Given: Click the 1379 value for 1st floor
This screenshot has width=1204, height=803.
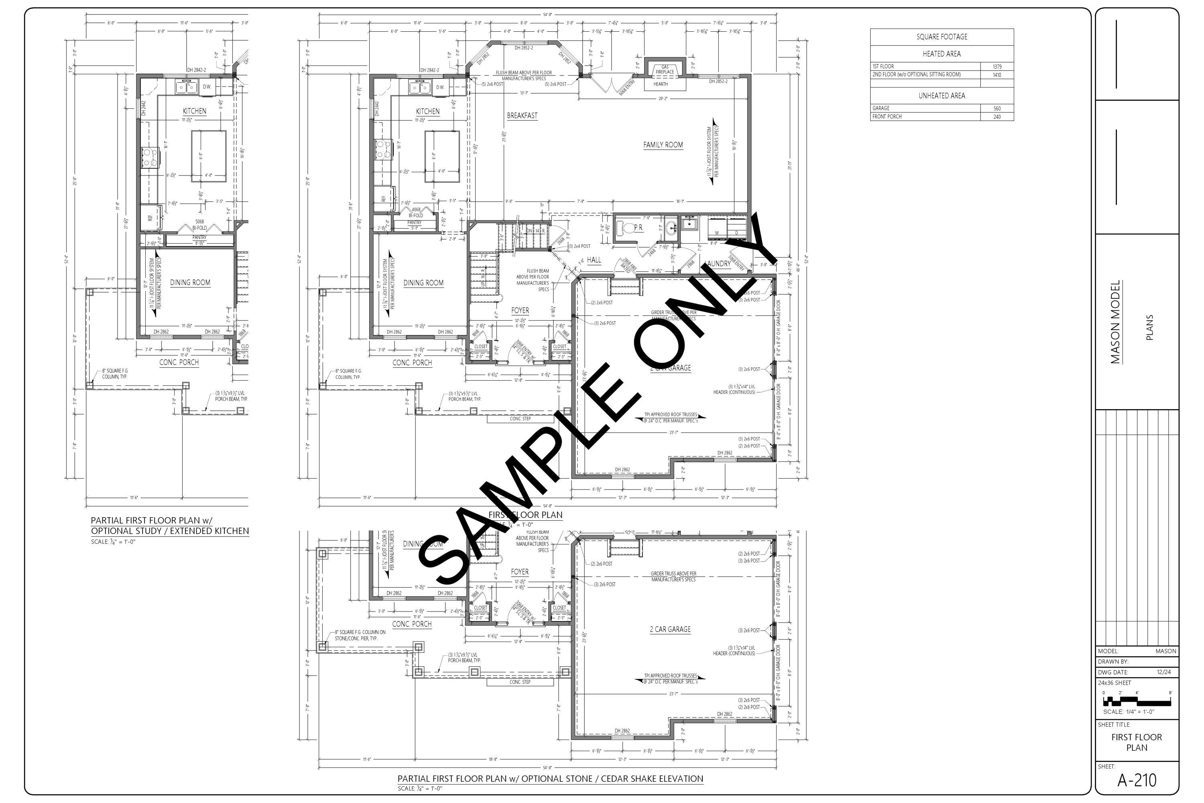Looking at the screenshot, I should (996, 67).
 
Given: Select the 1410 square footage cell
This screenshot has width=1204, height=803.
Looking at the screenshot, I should (996, 75).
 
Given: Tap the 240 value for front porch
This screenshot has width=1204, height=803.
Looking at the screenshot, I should (996, 117).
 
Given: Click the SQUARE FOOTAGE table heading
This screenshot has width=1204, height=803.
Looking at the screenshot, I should (942, 37).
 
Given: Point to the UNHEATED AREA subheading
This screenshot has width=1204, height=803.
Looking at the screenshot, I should (942, 96).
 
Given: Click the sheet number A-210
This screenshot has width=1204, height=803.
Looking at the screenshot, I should (1137, 781).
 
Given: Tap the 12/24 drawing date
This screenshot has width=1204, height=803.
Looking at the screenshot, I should (1163, 672).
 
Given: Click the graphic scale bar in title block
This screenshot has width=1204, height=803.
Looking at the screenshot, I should (1137, 701).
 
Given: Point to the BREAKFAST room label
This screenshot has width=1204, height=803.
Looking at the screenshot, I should (522, 116).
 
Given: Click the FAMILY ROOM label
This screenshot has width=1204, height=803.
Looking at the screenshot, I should (663, 145).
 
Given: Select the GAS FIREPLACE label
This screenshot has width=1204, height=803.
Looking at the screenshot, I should (665, 69).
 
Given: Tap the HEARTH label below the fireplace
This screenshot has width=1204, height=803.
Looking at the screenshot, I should (660, 84).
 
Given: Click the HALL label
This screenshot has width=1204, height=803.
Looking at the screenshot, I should (594, 260).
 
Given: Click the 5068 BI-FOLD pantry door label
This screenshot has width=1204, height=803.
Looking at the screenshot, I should (199, 225).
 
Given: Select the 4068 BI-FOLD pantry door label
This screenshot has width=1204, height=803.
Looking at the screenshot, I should (416, 212).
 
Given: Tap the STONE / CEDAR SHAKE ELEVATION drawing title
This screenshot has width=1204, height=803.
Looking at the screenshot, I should (550, 779).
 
